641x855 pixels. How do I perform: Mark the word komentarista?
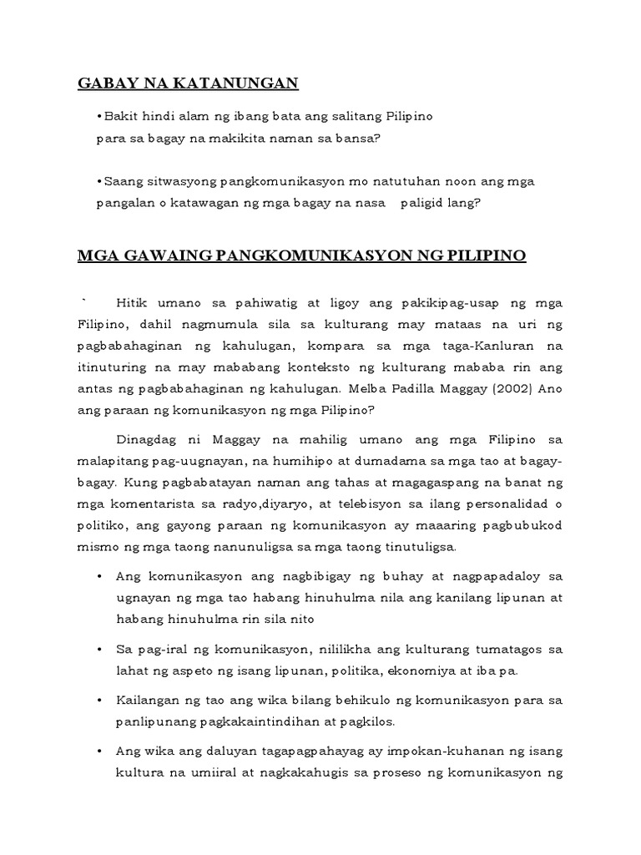click(159, 503)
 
